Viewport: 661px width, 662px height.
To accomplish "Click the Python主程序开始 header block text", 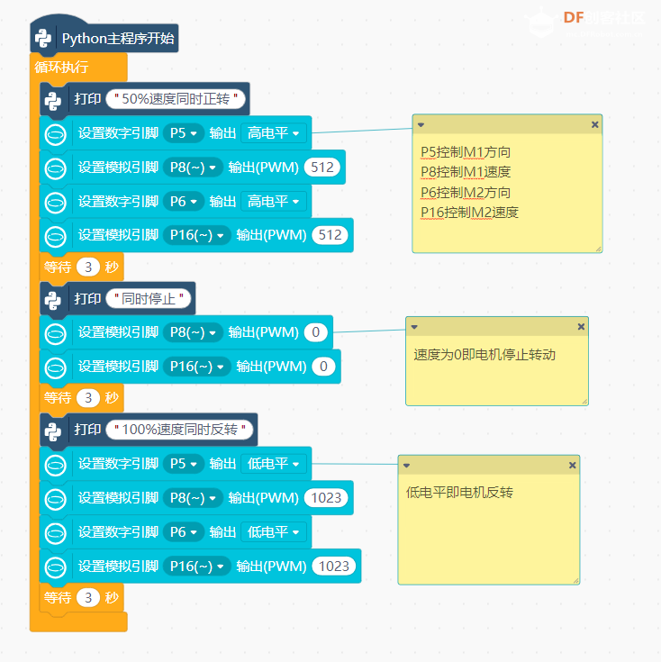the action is pos(118,39).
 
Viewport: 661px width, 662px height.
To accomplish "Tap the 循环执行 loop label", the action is pos(61,67).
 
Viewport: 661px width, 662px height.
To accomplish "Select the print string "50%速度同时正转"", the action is pos(176,99).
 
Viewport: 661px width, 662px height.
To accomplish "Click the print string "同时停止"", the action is pos(149,299).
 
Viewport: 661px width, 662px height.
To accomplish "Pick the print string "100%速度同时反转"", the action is pos(180,430).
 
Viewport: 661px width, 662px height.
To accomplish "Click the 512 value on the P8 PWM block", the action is pos(322,168).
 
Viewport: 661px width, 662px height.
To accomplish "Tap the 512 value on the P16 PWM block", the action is pos(330,235).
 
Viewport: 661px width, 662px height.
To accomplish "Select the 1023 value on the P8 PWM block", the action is pos(326,498).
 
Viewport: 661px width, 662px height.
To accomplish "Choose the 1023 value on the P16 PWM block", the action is pos(334,567).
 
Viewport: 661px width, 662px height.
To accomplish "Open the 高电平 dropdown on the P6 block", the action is pos(274,202).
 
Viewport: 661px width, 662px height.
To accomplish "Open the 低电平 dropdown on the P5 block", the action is pos(274,464).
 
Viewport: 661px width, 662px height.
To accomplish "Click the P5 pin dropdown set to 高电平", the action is pos(184,133).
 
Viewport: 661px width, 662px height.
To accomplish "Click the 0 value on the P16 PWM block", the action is pos(323,367).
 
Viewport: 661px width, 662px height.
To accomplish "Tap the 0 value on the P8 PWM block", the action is pos(316,332).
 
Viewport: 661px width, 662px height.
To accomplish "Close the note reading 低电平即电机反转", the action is pos(573,466).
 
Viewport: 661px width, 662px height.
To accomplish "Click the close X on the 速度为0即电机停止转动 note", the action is pos(581,327).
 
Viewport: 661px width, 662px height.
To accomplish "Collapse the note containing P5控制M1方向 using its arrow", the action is pos(421,125).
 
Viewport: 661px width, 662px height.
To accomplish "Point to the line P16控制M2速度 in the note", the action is pos(469,213).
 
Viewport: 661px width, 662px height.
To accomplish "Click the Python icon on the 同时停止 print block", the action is pos(53,300).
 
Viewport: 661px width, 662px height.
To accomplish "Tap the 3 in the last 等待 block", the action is pos(88,597).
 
